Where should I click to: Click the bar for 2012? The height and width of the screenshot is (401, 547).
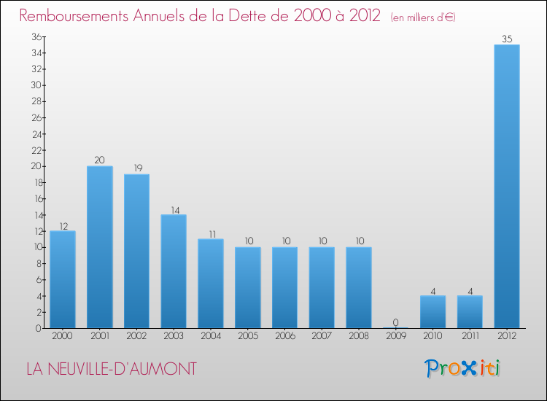pyautogui.click(x=507, y=186)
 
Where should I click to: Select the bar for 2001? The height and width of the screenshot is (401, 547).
pyautogui.click(x=99, y=247)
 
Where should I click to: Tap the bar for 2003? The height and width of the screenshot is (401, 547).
pyautogui.click(x=174, y=271)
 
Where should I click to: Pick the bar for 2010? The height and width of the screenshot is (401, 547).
pyautogui.click(x=432, y=311)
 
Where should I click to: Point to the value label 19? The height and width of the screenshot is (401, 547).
pyautogui.click(x=136, y=168)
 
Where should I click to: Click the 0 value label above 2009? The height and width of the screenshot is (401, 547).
pyautogui.click(x=395, y=322)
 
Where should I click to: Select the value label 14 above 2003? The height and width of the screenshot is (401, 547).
pyautogui.click(x=174, y=209)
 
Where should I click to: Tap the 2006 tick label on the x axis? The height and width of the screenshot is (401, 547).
pyautogui.click(x=284, y=335)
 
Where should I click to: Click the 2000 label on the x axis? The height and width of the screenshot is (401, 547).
pyautogui.click(x=63, y=335)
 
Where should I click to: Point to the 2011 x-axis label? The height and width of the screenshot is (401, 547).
pyautogui.click(x=470, y=335)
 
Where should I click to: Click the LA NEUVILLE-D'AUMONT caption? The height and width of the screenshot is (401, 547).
pyautogui.click(x=111, y=369)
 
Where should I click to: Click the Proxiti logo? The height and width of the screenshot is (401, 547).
pyautogui.click(x=463, y=368)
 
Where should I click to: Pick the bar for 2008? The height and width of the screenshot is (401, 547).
pyautogui.click(x=359, y=287)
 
